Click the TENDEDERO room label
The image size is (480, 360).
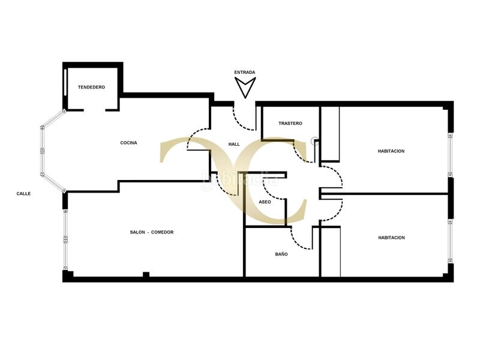[x=91, y=88]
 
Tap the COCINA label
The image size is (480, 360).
[x=128, y=143]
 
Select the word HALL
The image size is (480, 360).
[x=234, y=144]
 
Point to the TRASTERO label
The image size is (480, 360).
[x=290, y=124]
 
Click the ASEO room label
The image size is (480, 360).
[x=265, y=202]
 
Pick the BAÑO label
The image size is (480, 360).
[x=281, y=254]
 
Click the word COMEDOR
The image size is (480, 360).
[x=162, y=232]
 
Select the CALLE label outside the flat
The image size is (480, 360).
[x=23, y=193]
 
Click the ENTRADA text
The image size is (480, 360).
[x=245, y=73]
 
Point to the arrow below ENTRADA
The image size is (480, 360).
[x=245, y=88]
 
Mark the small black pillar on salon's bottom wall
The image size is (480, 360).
[x=146, y=275]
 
